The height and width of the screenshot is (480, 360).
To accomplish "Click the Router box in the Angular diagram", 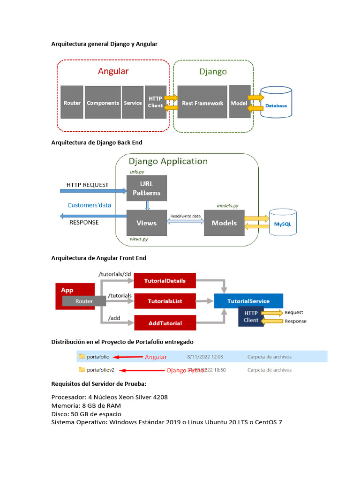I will [72, 103].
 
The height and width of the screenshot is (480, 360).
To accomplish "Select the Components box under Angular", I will [103, 103].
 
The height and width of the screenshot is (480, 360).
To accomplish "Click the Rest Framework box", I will [202, 103].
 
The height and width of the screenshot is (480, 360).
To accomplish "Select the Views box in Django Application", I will [146, 223].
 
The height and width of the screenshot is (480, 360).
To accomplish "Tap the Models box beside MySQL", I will [224, 223].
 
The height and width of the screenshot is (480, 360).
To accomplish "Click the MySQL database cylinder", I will [282, 224].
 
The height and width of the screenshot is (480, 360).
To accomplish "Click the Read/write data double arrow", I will [185, 221].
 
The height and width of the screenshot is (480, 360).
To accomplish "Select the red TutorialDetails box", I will [165, 281].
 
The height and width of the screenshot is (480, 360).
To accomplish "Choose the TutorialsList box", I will [165, 301].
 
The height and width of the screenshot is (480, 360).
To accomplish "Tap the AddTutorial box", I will [165, 323].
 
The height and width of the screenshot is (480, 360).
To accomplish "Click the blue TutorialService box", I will [248, 301].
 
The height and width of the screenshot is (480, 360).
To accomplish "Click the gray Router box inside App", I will [84, 301].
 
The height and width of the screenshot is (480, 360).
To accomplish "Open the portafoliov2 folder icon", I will [82, 370].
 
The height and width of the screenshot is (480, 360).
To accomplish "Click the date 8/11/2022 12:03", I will [205, 357].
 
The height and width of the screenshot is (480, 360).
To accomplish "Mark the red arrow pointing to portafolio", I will [129, 357].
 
